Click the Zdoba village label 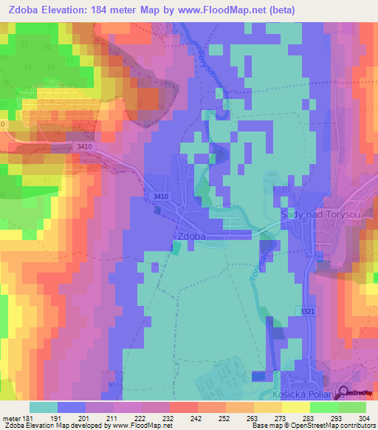[x=192, y=236]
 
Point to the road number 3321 [x=308, y=312]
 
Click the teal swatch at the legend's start [x=44, y=408]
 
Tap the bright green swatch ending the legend [x=352, y=408]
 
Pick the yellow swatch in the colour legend [x=295, y=408]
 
